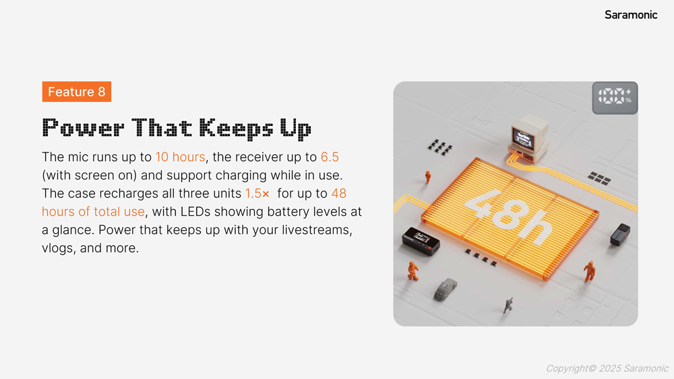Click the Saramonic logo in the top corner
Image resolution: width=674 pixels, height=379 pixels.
pyautogui.click(x=631, y=15)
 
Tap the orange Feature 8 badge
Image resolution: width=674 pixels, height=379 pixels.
pyautogui.click(x=77, y=92)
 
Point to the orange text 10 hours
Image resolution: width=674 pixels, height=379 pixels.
pyautogui.click(x=180, y=157)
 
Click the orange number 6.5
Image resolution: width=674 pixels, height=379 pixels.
pyautogui.click(x=330, y=157)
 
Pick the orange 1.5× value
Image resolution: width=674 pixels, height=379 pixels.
pyautogui.click(x=257, y=194)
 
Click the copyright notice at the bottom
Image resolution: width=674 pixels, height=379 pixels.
pyautogui.click(x=607, y=368)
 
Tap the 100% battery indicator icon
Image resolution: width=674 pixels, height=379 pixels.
pyautogui.click(x=615, y=98)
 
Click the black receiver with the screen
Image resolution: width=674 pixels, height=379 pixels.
pyautogui.click(x=421, y=241)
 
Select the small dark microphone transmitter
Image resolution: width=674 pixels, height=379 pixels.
pyautogui.click(x=620, y=235)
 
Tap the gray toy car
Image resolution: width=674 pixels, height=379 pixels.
pyautogui.click(x=445, y=289)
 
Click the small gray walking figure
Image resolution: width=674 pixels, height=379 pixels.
pyautogui.click(x=508, y=305)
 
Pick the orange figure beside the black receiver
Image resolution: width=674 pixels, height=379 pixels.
pyautogui.click(x=412, y=270)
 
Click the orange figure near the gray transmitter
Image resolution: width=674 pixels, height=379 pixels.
pyautogui.click(x=589, y=272)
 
